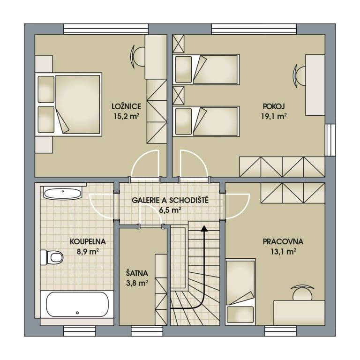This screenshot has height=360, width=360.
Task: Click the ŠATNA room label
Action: coord(137,273)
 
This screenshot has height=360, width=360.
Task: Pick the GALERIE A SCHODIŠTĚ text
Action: coord(170,200)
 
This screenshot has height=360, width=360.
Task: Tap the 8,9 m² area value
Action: coord(87,252)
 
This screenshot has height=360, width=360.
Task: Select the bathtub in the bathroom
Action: coord(77,304)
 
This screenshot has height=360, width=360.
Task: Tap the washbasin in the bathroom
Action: coord(63,193)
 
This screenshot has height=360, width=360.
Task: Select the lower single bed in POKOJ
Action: coord(206,121)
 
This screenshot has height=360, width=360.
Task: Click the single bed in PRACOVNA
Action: coord(240,291)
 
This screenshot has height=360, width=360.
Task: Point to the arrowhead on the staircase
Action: coord(204,229)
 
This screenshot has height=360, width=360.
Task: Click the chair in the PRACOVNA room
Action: coord(301,292)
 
